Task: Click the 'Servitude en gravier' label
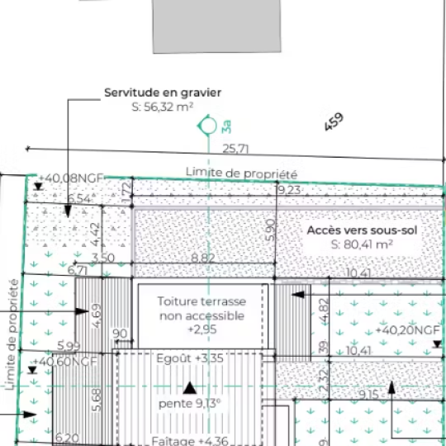[163, 93]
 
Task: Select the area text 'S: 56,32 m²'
[163, 107]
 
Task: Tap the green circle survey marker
[207, 126]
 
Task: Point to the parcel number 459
[334, 122]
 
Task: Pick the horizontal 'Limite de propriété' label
[241, 173]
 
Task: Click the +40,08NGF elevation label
[71, 178]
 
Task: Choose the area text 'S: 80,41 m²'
[361, 244]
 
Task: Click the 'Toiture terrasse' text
[202, 301]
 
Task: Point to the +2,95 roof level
[201, 330]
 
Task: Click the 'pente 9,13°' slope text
[190, 404]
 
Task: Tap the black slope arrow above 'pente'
[190, 387]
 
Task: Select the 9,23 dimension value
[288, 190]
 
